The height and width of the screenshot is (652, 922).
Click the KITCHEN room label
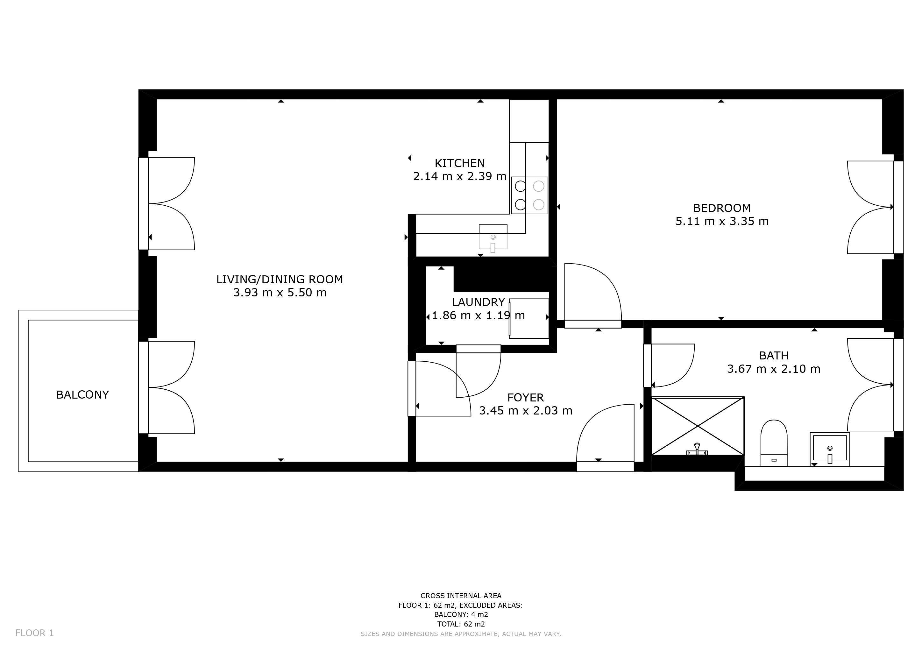coord(460,163)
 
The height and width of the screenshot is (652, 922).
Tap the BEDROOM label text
coord(722,208)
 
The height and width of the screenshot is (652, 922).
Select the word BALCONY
coord(82,395)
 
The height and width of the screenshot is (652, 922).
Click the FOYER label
coord(525,397)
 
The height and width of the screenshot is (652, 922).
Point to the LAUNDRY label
coord(478,302)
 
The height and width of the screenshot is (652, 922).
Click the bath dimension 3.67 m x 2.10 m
coord(773,369)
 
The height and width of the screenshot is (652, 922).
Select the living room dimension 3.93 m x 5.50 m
coord(280,293)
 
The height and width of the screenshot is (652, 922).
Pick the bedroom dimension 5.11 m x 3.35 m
coord(722,221)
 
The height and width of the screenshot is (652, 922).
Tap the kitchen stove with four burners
coord(529,195)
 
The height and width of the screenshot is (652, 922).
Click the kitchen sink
coord(493,238)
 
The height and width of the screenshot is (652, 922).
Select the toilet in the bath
coord(774,443)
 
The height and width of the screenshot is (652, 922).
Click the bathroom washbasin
coord(830,449)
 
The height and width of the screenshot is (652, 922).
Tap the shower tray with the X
coord(698,426)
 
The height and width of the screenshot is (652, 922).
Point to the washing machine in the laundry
coord(529,318)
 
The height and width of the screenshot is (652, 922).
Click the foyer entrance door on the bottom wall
coord(605,438)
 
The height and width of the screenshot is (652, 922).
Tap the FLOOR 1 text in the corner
coord(34,633)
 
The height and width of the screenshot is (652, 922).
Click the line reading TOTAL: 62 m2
coord(461,624)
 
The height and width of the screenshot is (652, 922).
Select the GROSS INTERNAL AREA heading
coord(461,596)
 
